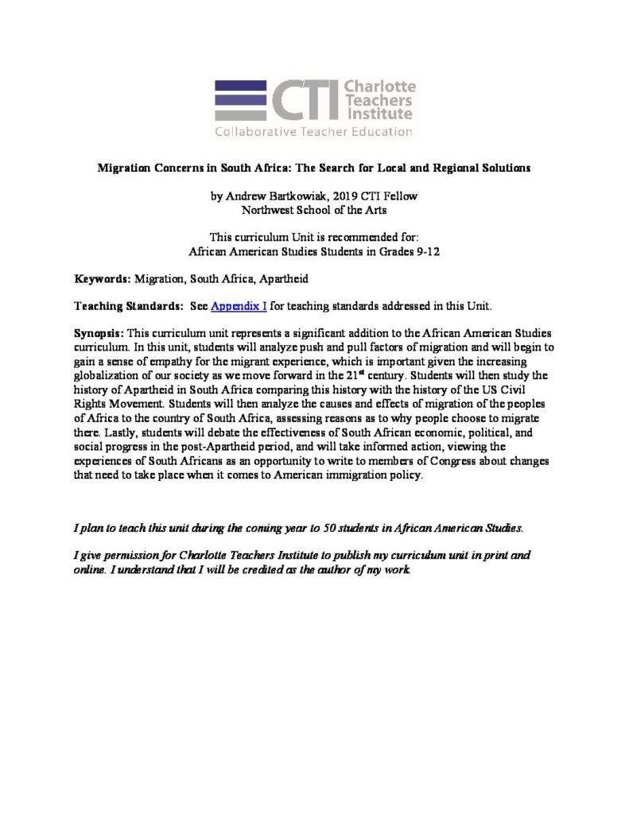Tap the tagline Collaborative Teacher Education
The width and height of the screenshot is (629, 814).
(x=314, y=131)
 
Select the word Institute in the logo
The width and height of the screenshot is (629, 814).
(x=379, y=114)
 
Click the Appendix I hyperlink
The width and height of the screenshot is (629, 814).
(x=239, y=305)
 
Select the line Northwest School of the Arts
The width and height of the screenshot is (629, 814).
(x=313, y=209)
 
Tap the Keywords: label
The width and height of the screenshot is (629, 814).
(x=103, y=279)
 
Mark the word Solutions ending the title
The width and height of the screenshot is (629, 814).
(x=504, y=169)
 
